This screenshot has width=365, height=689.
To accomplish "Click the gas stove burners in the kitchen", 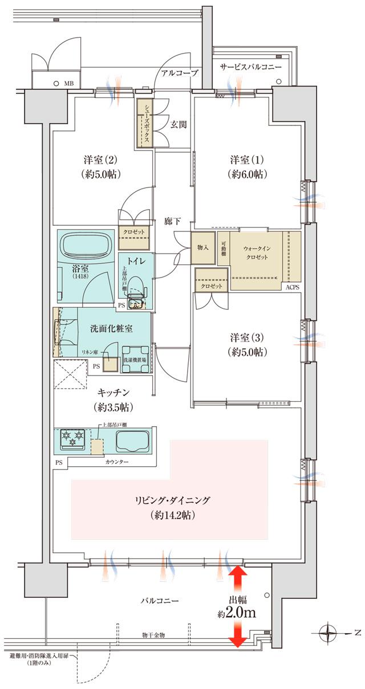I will pyautogui.click(x=72, y=439).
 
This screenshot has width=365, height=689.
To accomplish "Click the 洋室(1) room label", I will pyautogui.click(x=249, y=165).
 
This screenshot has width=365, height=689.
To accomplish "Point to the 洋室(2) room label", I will pyautogui.click(x=95, y=165).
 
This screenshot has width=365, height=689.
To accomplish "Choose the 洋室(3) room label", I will pyautogui.click(x=249, y=344).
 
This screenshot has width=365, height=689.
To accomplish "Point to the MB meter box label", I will pyautogui.click(x=68, y=83).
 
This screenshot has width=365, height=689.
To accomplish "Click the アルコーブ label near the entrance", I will pyautogui.click(x=179, y=73).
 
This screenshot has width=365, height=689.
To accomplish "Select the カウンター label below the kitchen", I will pyautogui.click(x=117, y=460).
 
